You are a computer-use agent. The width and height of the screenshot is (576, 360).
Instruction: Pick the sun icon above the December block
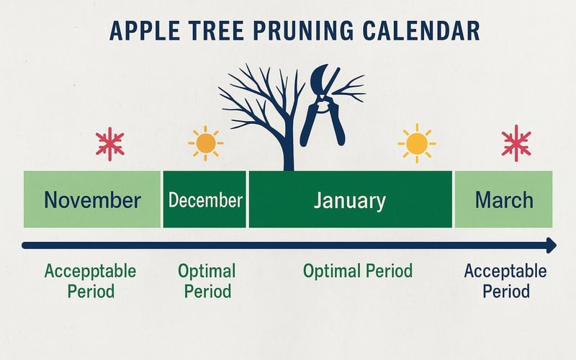pyautogui.click(x=206, y=143)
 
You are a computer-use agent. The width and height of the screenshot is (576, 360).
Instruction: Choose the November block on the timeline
pyautogui.click(x=92, y=199)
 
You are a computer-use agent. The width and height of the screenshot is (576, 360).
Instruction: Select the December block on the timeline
pyautogui.click(x=204, y=199)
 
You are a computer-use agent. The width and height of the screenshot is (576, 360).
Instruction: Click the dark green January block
pyautogui.click(x=350, y=199)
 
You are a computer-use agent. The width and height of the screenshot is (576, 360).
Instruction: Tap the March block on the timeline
pyautogui.click(x=503, y=199)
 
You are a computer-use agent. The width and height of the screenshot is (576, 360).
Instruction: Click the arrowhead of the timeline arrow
pyautogui.click(x=550, y=246)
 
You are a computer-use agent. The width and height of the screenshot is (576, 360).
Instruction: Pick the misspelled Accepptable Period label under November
pyautogui.click(x=91, y=282)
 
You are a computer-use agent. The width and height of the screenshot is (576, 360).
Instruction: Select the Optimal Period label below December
pyautogui.click(x=207, y=282)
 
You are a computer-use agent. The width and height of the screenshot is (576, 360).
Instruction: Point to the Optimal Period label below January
pyautogui.click(x=358, y=271)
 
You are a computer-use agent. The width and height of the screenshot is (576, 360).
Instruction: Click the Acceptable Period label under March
pyautogui.click(x=505, y=282)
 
